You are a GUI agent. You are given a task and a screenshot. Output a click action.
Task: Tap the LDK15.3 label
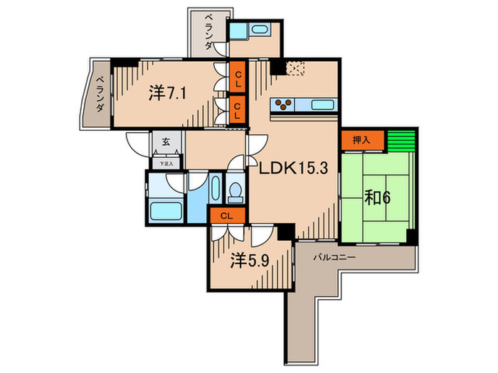click(287, 170)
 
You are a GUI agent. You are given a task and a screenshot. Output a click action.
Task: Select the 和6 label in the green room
click(376, 196)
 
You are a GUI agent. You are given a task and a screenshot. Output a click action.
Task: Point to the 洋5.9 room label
click(248, 261)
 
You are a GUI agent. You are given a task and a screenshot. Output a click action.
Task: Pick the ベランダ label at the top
click(208, 31)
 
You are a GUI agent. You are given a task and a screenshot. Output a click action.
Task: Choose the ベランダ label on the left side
click(101, 94)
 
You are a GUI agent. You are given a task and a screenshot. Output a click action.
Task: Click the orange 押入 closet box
click(363, 140)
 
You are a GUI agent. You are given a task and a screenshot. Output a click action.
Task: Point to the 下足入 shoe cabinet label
click(165, 163)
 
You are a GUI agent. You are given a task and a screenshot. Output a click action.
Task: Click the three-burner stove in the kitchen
click(284, 105)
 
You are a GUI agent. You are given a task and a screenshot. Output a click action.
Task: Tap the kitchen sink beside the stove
click(323, 105)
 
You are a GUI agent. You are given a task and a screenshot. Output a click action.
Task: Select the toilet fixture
click(235, 191)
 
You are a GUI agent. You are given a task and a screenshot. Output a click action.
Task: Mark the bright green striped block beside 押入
click(400, 140)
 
